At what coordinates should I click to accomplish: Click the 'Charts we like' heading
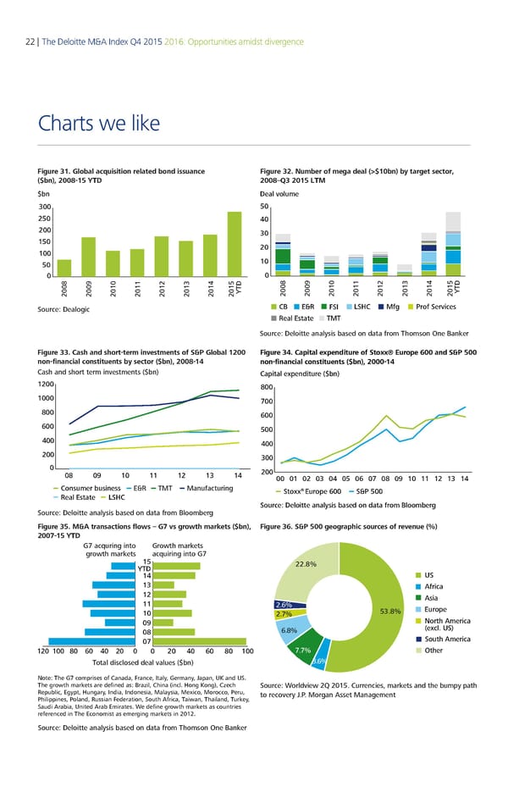pos(98,124)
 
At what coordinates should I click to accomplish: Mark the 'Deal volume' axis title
pos(279,192)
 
